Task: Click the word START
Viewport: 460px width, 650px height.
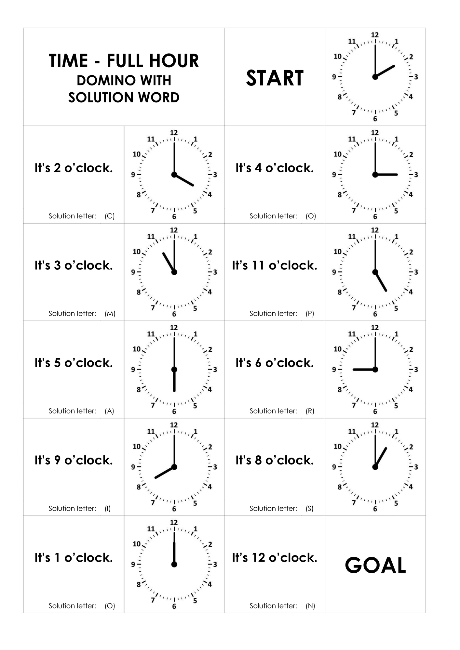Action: tap(275, 78)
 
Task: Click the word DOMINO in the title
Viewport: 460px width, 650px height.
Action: tap(101, 80)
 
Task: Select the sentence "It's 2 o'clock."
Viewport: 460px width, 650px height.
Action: tap(74, 168)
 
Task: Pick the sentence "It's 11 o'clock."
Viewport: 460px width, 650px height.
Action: tap(275, 266)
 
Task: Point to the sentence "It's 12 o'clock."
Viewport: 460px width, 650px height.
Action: tap(275, 558)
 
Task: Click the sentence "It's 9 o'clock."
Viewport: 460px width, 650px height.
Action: tap(74, 460)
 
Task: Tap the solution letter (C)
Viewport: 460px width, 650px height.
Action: tap(110, 216)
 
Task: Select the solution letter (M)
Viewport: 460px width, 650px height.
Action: tap(110, 314)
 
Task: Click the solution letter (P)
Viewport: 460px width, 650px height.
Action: tap(310, 314)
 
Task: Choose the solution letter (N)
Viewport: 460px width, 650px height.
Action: tap(310, 606)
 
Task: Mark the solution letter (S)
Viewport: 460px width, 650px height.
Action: tap(310, 509)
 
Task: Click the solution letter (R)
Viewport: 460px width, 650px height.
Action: tap(310, 411)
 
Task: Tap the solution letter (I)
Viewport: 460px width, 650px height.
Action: tap(108, 509)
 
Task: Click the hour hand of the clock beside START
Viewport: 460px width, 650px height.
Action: tap(385, 71)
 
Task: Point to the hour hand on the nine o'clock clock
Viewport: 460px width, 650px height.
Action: tap(364, 370)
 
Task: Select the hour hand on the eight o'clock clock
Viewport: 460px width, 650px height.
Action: tap(165, 472)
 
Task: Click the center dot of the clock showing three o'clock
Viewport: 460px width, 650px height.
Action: tap(375, 175)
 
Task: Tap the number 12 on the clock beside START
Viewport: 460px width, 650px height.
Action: tap(375, 35)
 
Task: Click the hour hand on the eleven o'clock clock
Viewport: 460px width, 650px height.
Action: tap(169, 262)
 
